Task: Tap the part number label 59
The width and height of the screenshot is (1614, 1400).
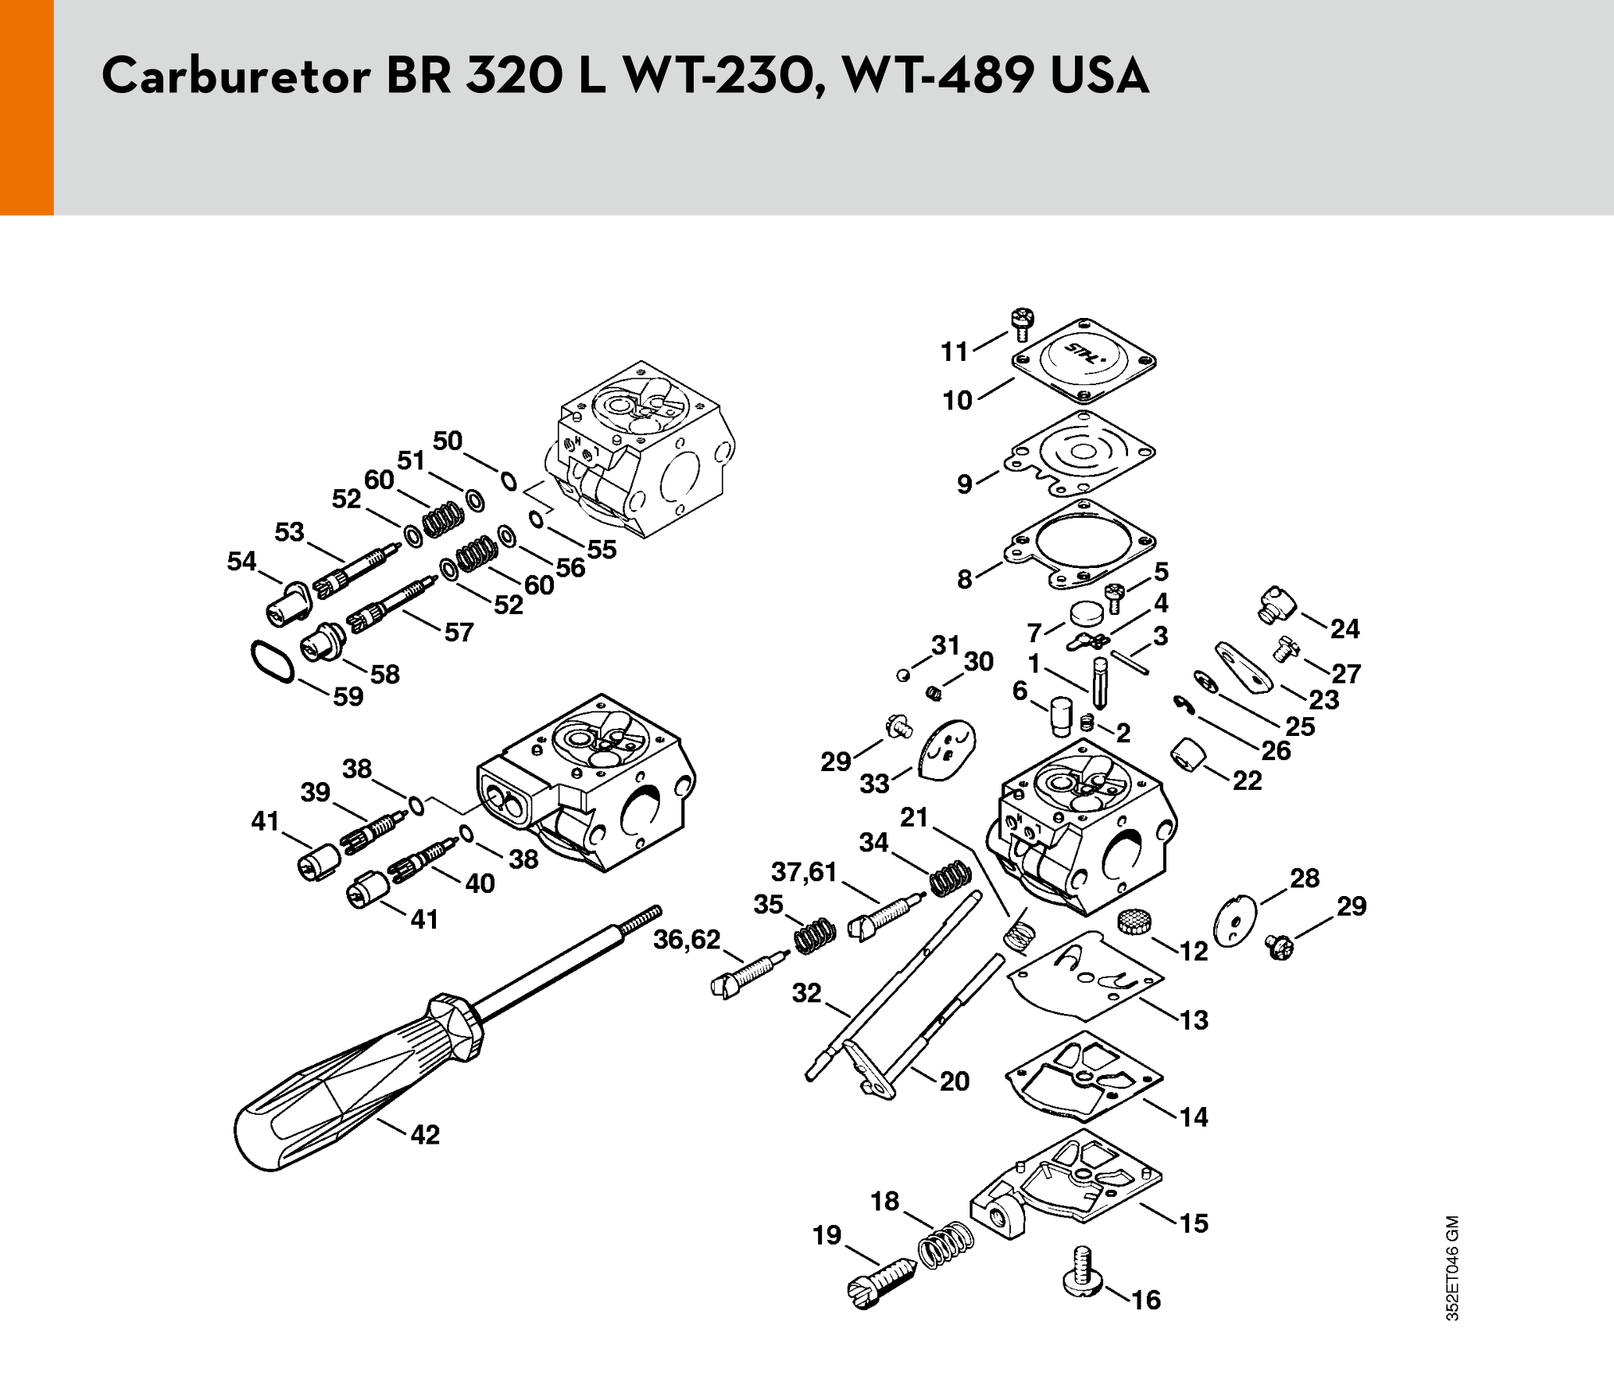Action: pyautogui.click(x=348, y=696)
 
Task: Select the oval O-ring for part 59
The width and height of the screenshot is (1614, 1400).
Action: pyautogui.click(x=273, y=662)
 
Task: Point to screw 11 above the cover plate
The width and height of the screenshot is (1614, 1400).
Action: pyautogui.click(x=1022, y=324)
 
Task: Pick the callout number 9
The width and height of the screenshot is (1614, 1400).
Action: pyautogui.click(x=965, y=484)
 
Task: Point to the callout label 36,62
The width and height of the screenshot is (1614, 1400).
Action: pyautogui.click(x=687, y=939)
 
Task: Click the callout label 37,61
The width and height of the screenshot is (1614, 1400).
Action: pyautogui.click(x=804, y=871)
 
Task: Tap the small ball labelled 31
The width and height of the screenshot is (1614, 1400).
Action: pyautogui.click(x=903, y=675)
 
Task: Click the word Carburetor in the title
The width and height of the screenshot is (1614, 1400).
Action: pyautogui.click(x=236, y=76)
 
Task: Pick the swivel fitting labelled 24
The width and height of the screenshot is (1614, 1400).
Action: pyautogui.click(x=1277, y=605)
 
